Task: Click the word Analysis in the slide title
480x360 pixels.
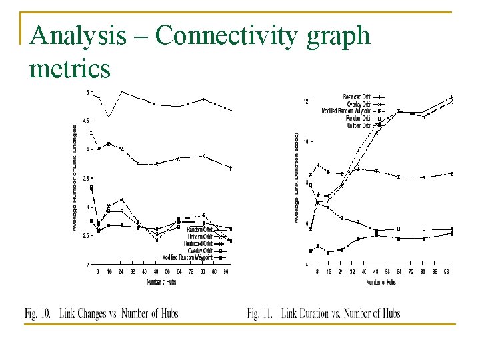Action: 78,35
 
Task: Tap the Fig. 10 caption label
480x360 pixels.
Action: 39,313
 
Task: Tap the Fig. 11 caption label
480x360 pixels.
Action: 261,313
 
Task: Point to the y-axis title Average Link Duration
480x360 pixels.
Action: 296,177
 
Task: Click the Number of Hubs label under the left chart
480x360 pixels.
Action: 161,283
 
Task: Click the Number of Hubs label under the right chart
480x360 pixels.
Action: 381,282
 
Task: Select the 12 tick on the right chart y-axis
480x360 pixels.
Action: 305,101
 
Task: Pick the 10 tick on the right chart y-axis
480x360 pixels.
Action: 305,142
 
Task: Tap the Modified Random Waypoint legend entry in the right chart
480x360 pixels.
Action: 346,110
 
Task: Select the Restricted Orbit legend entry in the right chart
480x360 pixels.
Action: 357,97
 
